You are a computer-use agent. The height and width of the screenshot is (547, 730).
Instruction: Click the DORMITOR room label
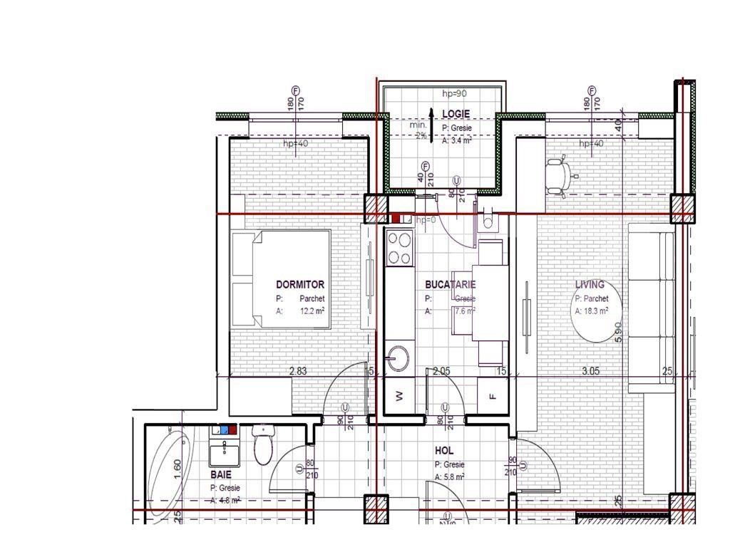pos(299,284)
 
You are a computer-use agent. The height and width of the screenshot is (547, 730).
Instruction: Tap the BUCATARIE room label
pos(450,284)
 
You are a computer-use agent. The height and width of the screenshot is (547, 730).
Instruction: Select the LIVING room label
pos(590,284)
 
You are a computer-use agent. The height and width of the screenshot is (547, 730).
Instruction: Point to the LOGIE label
pos(456,114)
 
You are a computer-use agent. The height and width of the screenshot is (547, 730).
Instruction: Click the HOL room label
pos(444,451)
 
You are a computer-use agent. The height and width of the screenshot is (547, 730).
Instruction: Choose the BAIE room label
pos(220,474)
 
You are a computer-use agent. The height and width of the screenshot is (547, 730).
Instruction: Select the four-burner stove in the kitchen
pos(399,249)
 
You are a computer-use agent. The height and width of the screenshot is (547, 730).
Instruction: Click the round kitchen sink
pos(399,358)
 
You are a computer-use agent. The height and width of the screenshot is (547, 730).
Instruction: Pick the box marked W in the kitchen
pos(399,396)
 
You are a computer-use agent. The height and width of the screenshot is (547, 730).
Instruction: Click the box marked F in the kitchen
pos(492,396)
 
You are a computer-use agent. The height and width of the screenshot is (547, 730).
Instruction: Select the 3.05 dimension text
pos(591,370)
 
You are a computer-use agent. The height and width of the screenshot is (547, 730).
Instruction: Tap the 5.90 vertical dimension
pos(619,332)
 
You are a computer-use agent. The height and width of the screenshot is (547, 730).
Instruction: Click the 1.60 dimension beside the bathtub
pos(178,469)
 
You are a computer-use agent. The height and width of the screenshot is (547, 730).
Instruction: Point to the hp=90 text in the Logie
pos(454,93)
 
